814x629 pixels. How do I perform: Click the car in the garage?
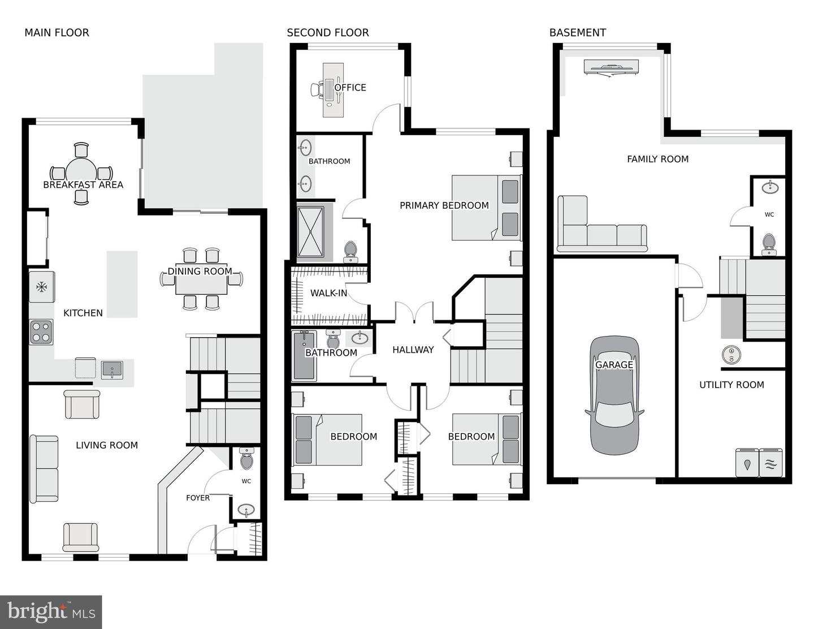click(614, 395)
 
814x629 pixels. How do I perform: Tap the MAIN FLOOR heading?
click(57, 33)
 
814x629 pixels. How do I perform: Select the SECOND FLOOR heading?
click(328, 33)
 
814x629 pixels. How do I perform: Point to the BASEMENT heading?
click(578, 33)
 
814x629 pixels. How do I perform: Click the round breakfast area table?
click(81, 174)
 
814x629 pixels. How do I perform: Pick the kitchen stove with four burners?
click(41, 332)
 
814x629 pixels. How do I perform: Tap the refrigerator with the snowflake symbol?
click(42, 287)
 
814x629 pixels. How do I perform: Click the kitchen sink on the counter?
click(111, 369)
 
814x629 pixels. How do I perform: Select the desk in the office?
click(333, 90)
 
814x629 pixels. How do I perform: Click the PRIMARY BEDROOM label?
click(444, 205)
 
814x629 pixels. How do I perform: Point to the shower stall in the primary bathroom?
click(310, 232)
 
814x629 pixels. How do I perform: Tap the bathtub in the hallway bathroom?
click(304, 355)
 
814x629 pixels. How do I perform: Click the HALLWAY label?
click(413, 350)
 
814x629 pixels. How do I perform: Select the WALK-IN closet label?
click(329, 293)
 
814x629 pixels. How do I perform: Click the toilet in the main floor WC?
click(246, 459)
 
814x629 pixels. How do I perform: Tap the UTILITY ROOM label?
click(731, 385)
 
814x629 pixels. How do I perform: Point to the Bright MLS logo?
click(51, 611)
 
